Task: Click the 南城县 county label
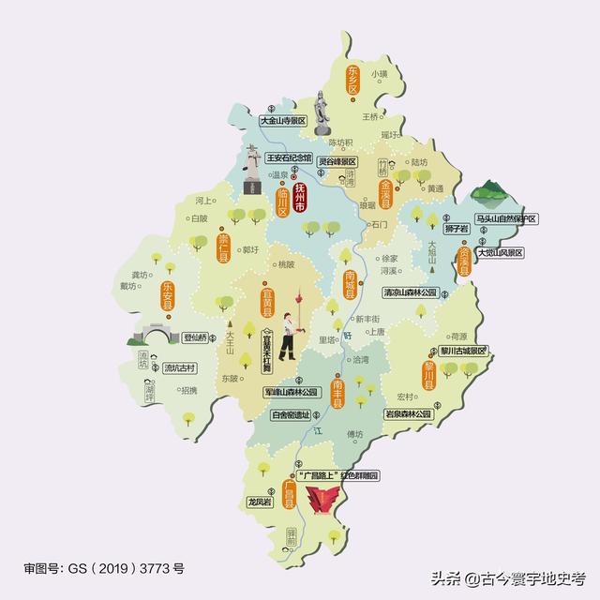350,284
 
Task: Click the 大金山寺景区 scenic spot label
284,121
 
